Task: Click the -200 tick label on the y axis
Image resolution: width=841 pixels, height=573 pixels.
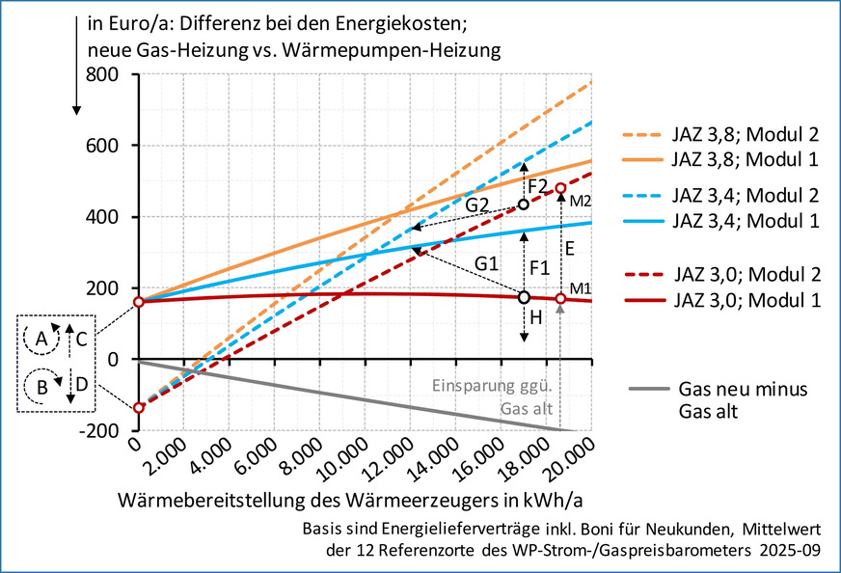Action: pyautogui.click(x=98, y=431)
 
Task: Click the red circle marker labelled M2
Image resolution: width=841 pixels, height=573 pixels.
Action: pyautogui.click(x=560, y=189)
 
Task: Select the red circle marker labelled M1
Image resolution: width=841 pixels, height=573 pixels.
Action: pyautogui.click(x=560, y=298)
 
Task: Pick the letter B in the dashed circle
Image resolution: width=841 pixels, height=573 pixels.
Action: pyautogui.click(x=41, y=386)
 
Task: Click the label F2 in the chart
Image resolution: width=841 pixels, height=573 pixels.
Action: pyautogui.click(x=537, y=184)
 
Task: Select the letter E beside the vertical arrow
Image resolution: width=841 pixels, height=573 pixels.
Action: pyautogui.click(x=570, y=248)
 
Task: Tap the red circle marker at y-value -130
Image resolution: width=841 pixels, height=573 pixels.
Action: pyautogui.click(x=138, y=407)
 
